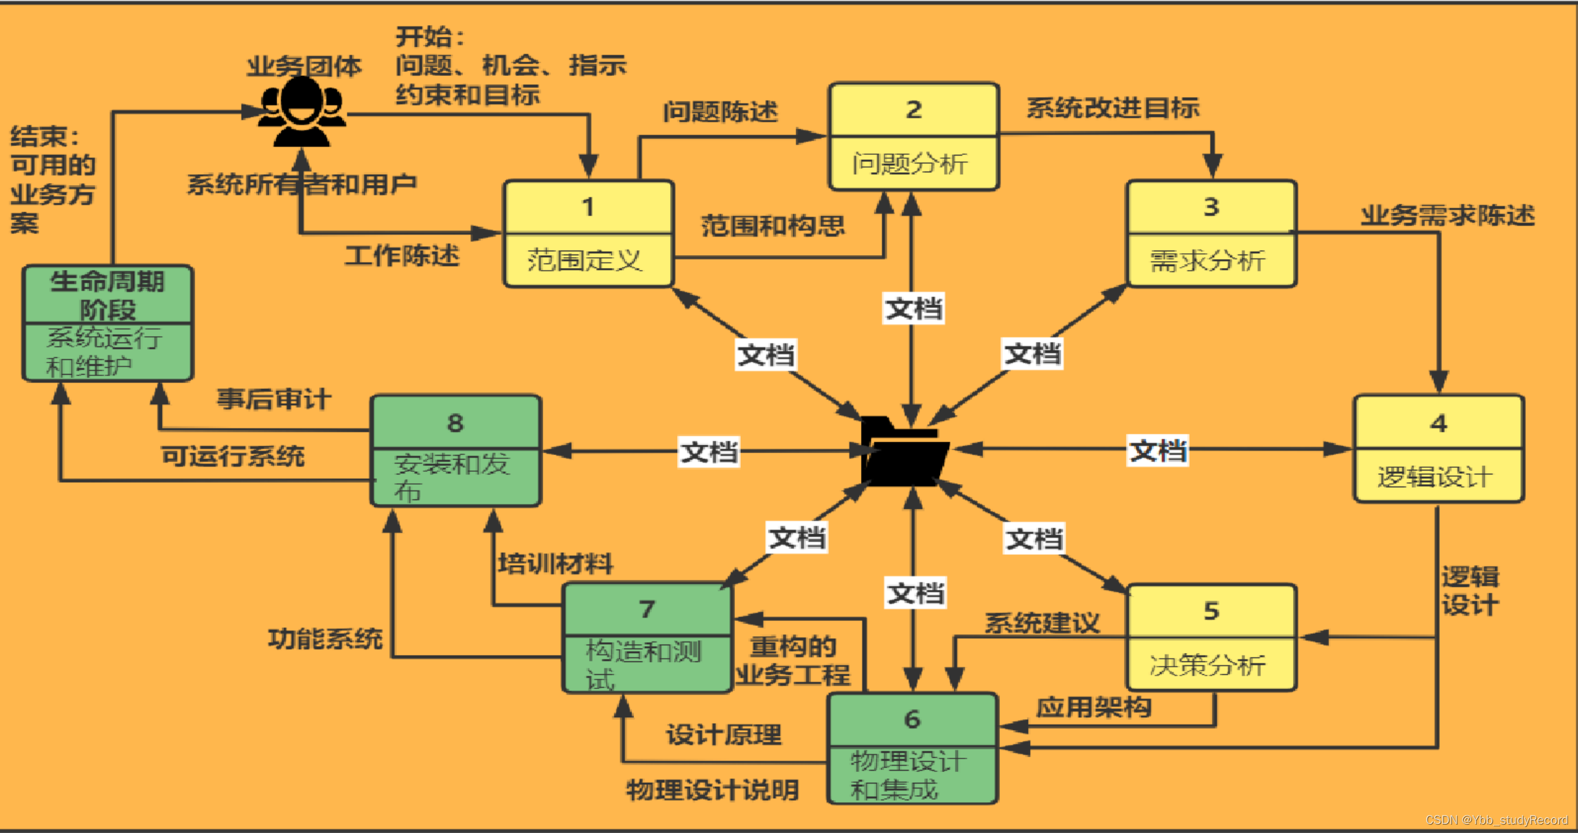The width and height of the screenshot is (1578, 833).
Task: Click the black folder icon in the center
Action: click(903, 452)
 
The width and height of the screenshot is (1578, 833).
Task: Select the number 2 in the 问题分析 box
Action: click(914, 110)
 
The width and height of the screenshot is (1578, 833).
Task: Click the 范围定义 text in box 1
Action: click(585, 260)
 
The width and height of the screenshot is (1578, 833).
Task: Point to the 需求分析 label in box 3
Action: click(1207, 261)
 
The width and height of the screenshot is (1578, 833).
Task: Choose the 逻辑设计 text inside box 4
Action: click(1435, 477)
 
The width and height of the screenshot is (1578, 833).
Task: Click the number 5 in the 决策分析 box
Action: click(1211, 611)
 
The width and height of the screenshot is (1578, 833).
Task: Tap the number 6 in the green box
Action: click(912, 719)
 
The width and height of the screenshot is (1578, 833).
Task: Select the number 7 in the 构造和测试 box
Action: click(647, 609)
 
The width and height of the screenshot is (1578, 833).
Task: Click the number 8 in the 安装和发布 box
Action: click(455, 423)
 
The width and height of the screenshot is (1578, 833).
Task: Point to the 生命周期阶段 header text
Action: click(107, 296)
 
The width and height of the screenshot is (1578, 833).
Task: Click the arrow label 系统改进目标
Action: click(1113, 108)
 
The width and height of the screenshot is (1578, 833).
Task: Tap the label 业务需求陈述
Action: click(1447, 215)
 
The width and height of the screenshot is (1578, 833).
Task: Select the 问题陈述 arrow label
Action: click(720, 112)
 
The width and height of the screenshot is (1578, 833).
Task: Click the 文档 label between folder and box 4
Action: click(1158, 451)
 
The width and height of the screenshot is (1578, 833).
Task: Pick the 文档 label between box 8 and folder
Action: click(709, 452)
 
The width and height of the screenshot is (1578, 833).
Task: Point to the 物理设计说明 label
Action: click(712, 790)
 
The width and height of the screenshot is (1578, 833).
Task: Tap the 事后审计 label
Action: click(274, 399)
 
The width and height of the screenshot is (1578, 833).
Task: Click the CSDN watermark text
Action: click(1496, 820)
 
